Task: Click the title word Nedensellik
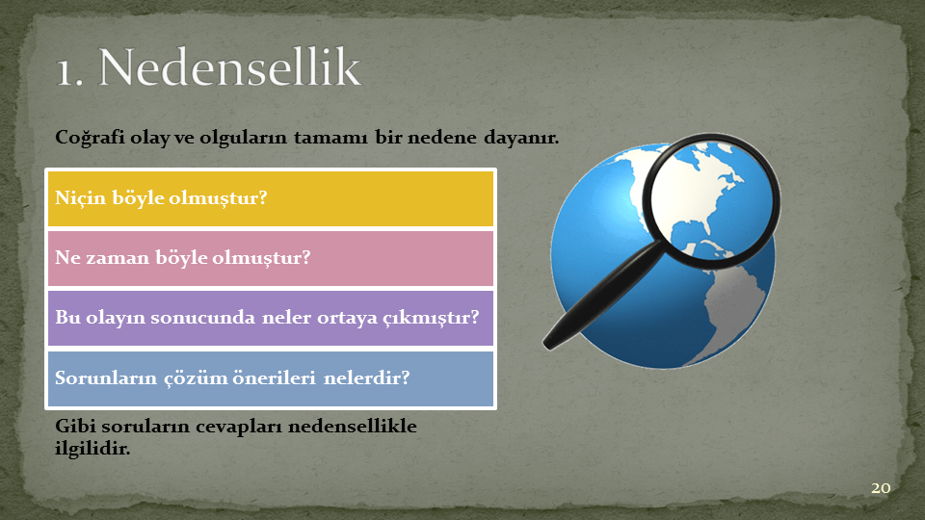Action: tap(229, 66)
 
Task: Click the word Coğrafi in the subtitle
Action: tap(90, 138)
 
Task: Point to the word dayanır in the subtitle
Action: tap(521, 138)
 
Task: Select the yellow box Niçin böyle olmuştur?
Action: tap(270, 198)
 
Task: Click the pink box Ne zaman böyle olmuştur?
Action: tap(270, 258)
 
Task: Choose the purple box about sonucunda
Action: tap(270, 318)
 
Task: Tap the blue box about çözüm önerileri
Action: tap(270, 378)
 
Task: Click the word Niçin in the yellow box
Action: tap(80, 197)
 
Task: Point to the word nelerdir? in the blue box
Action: tap(366, 377)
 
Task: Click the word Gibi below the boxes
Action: tap(71, 426)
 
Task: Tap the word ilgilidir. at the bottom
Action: tap(92, 448)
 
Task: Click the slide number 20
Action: tap(881, 488)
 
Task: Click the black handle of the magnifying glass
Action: tap(601, 296)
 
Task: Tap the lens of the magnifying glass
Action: tap(711, 200)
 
